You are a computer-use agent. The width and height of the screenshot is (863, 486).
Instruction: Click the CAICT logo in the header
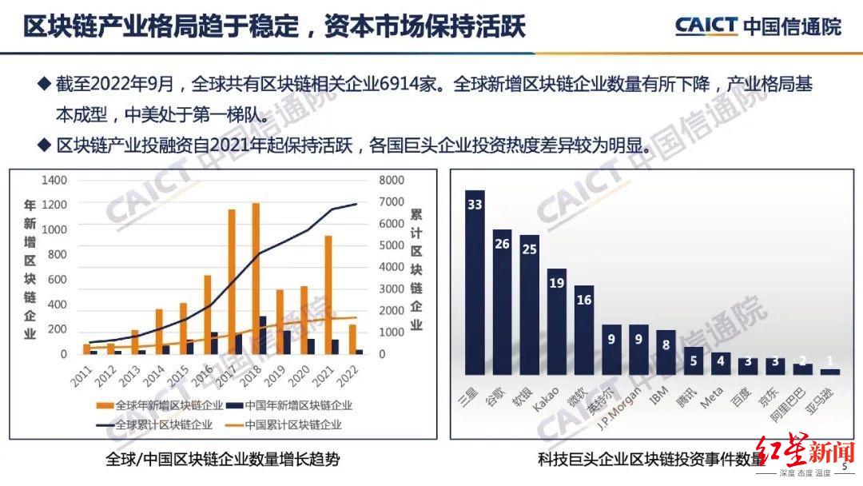click(706, 26)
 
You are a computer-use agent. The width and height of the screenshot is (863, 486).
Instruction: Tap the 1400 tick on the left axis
click(54, 181)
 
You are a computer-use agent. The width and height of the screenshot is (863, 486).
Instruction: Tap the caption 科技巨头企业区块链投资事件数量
click(648, 460)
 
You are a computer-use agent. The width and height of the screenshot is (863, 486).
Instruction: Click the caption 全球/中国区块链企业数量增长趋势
click(221, 460)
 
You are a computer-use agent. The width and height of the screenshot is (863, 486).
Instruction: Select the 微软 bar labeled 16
click(584, 330)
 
